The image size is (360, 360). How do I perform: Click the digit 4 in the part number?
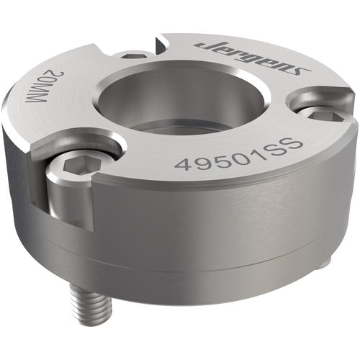pos(183,165)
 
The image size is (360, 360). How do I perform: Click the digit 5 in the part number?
pos(220,158)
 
